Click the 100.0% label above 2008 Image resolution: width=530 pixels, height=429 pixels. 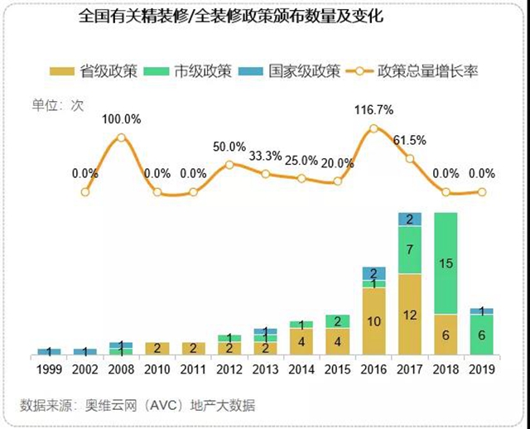(122, 119)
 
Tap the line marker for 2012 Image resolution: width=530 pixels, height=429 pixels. (229, 164)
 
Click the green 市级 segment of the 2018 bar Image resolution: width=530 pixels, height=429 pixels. (446, 263)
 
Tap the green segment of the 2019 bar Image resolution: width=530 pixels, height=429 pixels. (482, 335)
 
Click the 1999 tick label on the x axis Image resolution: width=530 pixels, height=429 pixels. (49, 369)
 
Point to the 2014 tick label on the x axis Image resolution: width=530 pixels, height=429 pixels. (301, 369)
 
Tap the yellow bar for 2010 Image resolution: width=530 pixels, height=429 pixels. (157, 348)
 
